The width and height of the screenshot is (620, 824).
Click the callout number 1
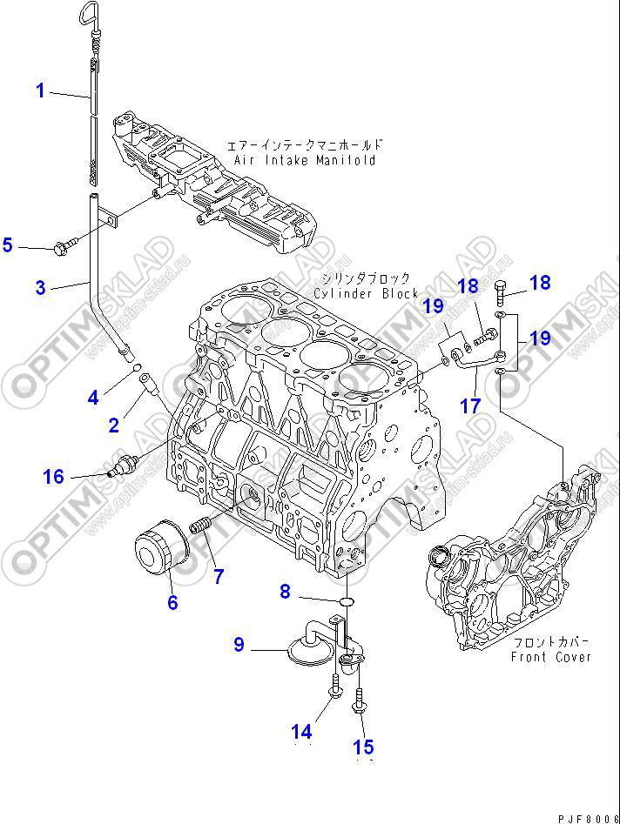[40, 90]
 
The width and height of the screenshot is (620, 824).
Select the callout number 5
[8, 245]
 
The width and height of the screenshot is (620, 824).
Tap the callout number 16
[54, 476]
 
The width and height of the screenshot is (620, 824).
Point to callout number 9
[239, 645]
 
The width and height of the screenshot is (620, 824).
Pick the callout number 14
[301, 733]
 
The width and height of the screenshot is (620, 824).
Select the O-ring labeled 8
[346, 600]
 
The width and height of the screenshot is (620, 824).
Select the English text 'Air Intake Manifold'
[305, 160]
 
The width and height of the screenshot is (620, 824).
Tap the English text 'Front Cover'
[551, 657]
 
